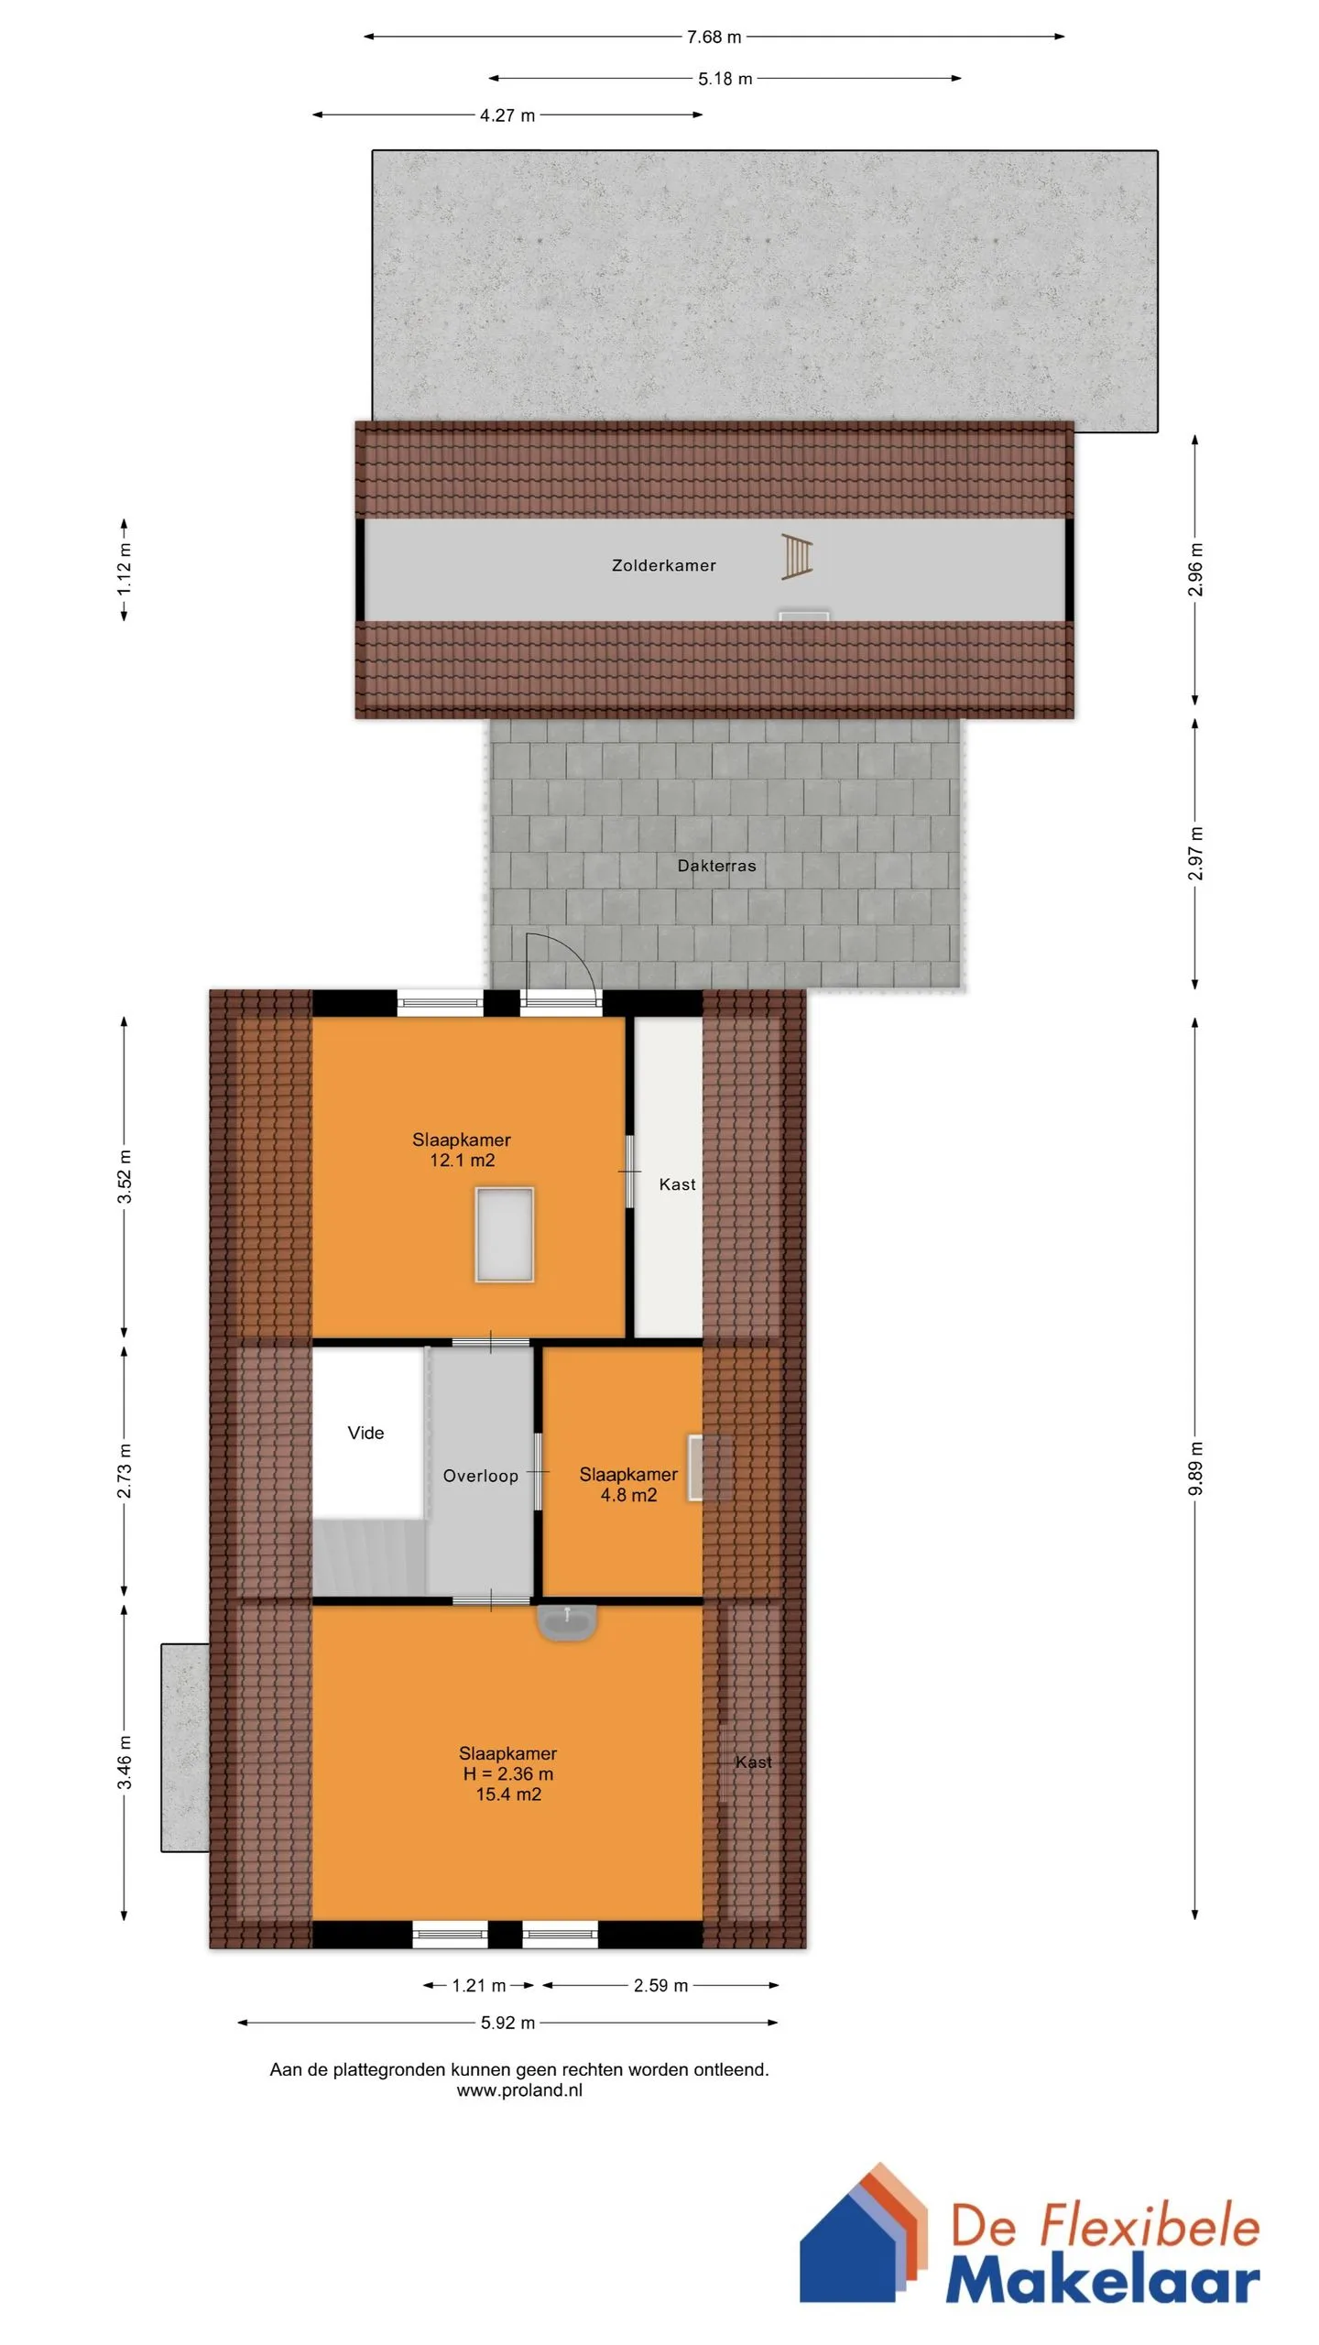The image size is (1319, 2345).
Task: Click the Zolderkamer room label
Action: point(663,565)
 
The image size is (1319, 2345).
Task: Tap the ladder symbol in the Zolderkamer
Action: point(796,557)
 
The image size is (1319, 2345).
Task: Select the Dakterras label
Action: point(716,866)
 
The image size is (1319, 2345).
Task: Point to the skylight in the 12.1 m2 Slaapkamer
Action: point(504,1234)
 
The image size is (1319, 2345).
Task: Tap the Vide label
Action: point(365,1434)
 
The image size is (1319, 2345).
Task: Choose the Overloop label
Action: point(480,1476)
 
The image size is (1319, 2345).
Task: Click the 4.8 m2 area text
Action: point(628,1495)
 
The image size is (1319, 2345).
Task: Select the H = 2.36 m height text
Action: point(507,1773)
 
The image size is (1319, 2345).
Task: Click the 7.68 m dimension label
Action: point(714,37)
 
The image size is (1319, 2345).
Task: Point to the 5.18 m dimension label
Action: point(725,79)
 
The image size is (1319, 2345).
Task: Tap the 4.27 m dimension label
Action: point(507,115)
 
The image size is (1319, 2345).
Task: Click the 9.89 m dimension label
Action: point(1195,1467)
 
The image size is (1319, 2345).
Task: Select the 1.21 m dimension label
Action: point(479,1985)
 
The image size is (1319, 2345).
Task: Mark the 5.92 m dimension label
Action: point(507,2023)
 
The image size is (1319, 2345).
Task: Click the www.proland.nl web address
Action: point(519,2090)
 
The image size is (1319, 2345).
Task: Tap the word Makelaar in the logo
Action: point(1103,2281)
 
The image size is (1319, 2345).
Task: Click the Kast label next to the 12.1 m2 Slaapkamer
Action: point(677,1184)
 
